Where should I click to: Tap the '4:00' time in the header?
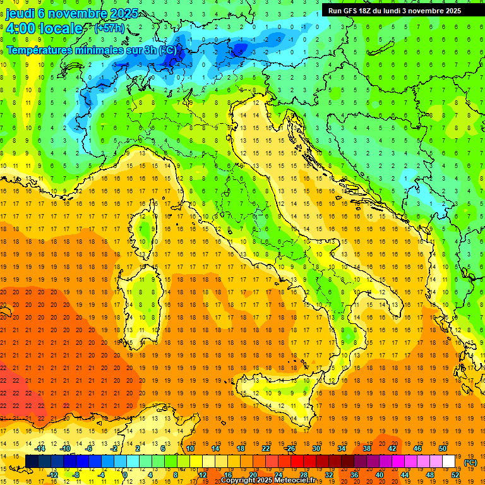click(21, 28)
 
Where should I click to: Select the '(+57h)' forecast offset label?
click(109, 28)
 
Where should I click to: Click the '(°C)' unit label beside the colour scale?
click(470, 462)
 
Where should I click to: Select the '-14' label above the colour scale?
click(41, 448)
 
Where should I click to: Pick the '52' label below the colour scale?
click(455, 475)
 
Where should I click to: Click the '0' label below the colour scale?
click(125, 475)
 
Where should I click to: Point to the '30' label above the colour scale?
click(316, 448)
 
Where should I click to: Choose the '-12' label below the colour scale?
click(54, 475)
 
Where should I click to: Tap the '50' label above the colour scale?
click(442, 448)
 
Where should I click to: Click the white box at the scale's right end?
click(448, 462)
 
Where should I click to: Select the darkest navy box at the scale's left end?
click(32, 462)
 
